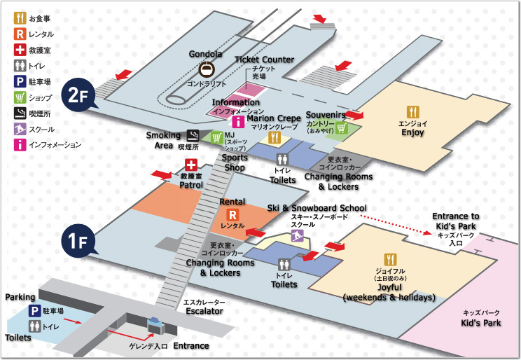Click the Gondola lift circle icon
tap(206, 69)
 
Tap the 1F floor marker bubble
tap(76, 242)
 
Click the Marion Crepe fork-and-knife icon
tap(275, 138)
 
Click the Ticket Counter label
tap(264, 60)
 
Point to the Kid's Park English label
tap(480, 324)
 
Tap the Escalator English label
tap(204, 310)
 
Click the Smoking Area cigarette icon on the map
tap(193, 136)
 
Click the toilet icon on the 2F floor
tap(282, 160)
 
